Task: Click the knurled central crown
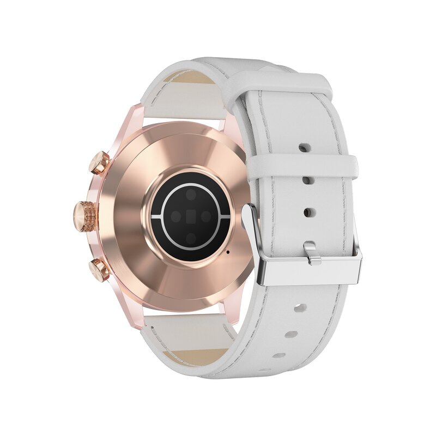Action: (x=86, y=216)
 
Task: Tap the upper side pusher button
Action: (x=100, y=162)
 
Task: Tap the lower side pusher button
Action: (x=100, y=270)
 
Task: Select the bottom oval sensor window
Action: (x=191, y=238)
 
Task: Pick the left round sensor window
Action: (x=175, y=216)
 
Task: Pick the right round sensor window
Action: (x=206, y=216)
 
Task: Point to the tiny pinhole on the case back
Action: (x=227, y=252)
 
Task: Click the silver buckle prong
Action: (x=311, y=253)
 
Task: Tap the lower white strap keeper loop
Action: (x=302, y=169)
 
